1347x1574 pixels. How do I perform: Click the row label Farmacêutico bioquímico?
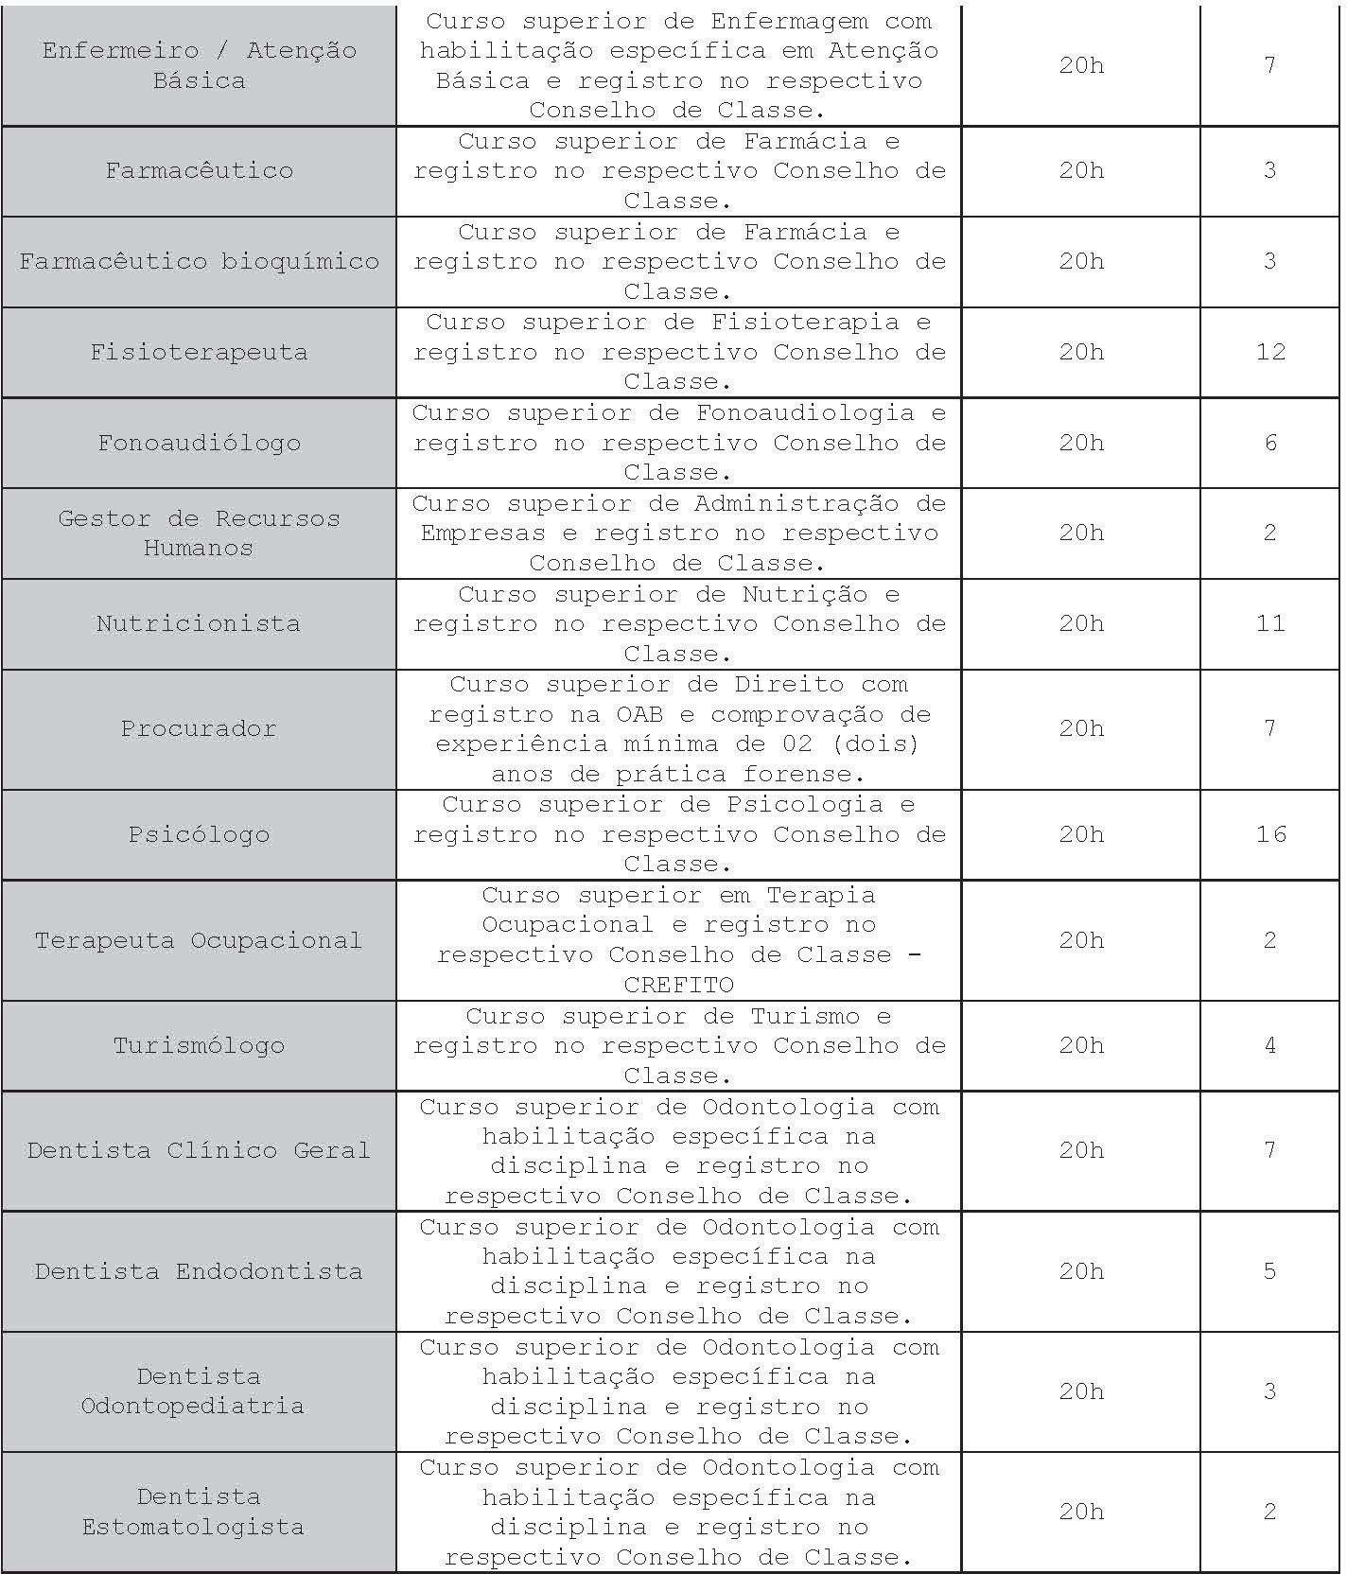(199, 261)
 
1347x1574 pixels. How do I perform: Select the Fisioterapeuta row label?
(199, 352)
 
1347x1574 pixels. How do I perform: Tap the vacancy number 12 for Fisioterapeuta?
(1270, 352)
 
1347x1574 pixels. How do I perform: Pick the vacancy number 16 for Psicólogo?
(1270, 833)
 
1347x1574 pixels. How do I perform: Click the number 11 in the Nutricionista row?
(1270, 623)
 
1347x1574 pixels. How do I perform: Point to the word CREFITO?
(678, 985)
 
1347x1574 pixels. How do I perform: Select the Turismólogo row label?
(199, 1045)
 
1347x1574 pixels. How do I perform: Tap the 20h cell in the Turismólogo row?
(1081, 1045)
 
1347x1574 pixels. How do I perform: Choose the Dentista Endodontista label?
(199, 1270)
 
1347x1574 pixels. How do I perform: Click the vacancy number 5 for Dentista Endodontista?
(1270, 1270)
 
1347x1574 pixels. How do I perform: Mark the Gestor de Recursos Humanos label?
(199, 533)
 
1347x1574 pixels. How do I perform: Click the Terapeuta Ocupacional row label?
(199, 940)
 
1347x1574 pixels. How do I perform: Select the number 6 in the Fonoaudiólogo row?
(1270, 443)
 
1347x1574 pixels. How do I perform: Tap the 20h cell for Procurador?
(1081, 728)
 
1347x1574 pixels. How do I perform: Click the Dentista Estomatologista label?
(194, 1512)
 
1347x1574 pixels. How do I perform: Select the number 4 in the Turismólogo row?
(1270, 1045)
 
